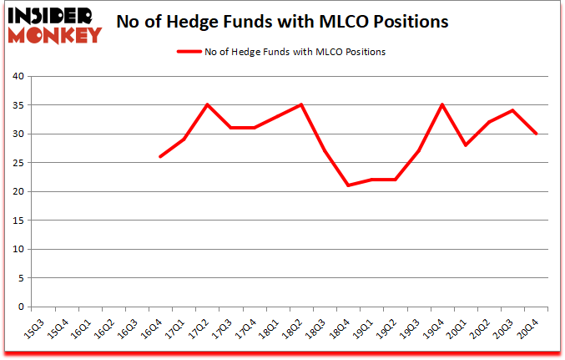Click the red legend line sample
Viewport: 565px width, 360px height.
(x=188, y=52)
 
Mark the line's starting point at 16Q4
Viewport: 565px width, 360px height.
(x=160, y=157)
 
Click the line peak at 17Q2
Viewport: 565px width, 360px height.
(x=207, y=105)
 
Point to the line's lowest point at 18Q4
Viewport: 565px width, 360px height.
(x=348, y=185)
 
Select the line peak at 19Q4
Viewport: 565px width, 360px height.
(x=441, y=105)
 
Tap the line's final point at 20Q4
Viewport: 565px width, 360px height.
(x=536, y=134)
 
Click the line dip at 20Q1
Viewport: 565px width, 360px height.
(x=465, y=145)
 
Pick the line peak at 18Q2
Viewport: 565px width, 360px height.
(x=300, y=105)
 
